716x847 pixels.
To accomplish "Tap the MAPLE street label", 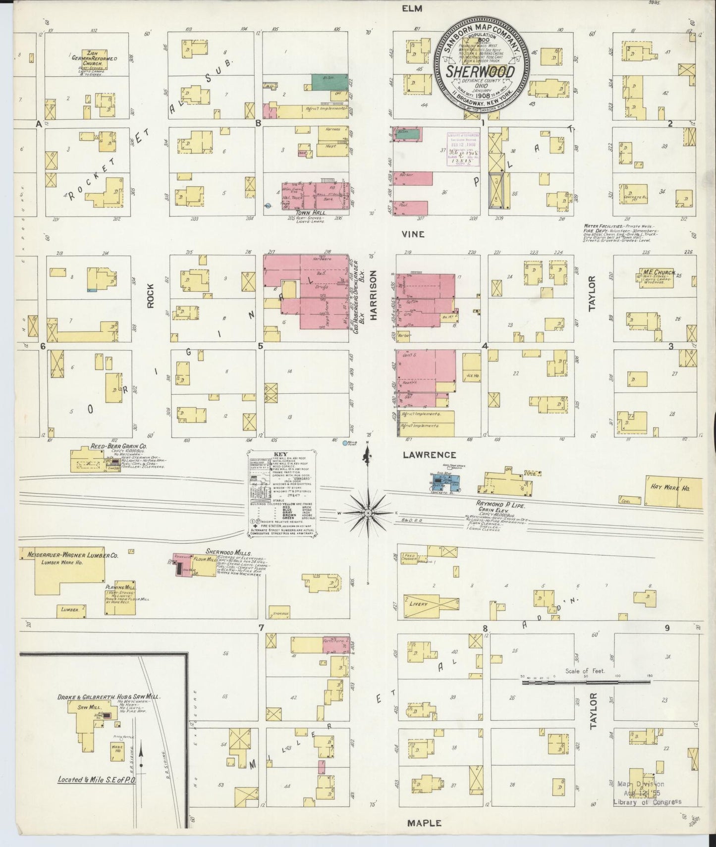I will pyautogui.click(x=424, y=823).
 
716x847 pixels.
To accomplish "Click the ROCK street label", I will pyautogui.click(x=151, y=296).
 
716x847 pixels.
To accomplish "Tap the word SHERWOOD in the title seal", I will pyautogui.click(x=480, y=71).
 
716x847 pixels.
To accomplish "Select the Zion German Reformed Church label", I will pyautogui.click(x=94, y=58).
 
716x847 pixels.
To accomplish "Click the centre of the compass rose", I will pyautogui.click(x=368, y=513).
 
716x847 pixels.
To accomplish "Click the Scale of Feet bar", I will pyautogui.click(x=585, y=683).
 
